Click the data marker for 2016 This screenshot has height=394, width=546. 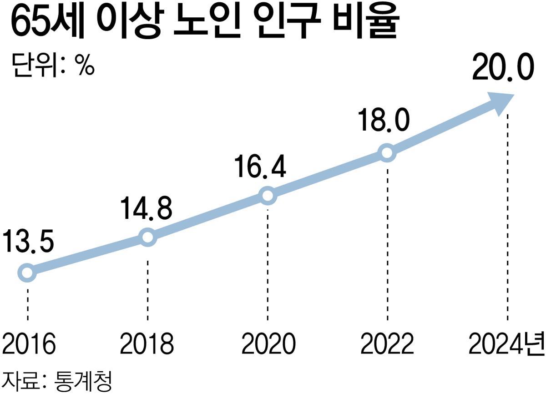(x=27, y=273)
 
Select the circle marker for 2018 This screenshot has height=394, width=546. (x=147, y=237)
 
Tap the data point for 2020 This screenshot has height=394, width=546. (x=268, y=196)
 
